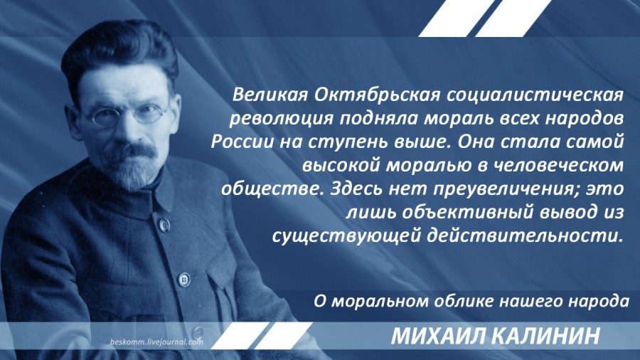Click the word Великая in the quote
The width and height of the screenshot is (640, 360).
[x=270, y=95]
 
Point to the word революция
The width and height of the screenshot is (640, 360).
[x=282, y=119]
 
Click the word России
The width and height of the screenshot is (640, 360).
[x=242, y=142]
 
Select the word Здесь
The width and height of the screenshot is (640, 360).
[x=356, y=189]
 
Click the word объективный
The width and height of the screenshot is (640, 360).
[x=468, y=213]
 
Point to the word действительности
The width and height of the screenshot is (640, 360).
[x=525, y=236]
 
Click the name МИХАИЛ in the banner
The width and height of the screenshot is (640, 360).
[x=438, y=336]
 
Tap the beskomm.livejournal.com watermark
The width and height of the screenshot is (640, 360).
[x=156, y=342]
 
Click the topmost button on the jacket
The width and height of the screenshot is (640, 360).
[x=164, y=224]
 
